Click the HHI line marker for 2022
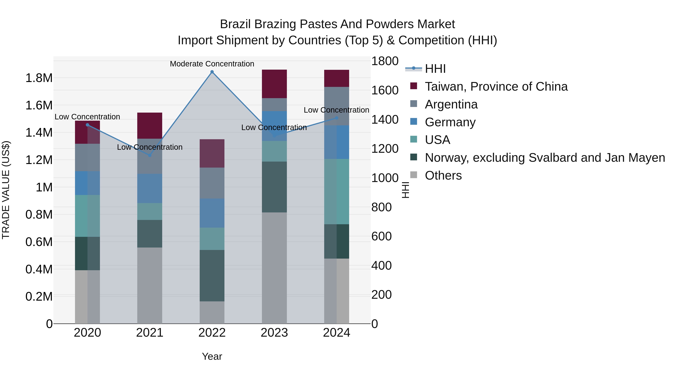point(212,72)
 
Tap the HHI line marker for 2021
point(150,155)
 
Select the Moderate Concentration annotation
point(212,64)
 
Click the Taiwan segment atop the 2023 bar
point(274,84)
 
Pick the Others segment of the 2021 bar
point(150,285)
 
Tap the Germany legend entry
point(450,122)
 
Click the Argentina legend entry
point(451,104)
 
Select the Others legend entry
point(443,175)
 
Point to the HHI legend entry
point(435,69)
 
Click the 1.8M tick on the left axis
point(39,78)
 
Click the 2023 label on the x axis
point(274,333)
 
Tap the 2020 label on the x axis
point(88,333)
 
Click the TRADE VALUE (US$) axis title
point(6,190)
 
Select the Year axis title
point(212,356)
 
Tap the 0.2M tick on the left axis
point(39,297)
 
